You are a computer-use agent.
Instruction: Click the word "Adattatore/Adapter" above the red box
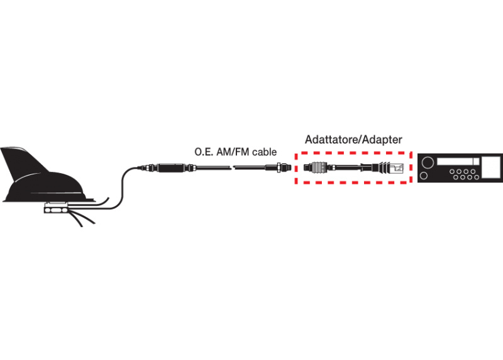(353, 140)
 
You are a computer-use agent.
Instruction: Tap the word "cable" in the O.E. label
(264, 152)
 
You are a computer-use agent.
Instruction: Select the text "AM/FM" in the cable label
(233, 152)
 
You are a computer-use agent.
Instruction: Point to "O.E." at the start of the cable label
(204, 152)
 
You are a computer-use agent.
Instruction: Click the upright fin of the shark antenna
(24, 164)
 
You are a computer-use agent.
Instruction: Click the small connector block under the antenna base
(56, 210)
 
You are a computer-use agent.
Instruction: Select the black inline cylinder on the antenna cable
(172, 167)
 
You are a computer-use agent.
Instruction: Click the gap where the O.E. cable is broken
(232, 167)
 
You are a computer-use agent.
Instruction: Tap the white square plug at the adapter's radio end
(397, 168)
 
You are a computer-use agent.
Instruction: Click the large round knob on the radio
(428, 162)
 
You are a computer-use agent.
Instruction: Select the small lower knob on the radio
(424, 176)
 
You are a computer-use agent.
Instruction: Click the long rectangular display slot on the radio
(458, 161)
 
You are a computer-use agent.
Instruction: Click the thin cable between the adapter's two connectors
(348, 167)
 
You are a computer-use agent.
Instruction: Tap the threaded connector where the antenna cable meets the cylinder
(148, 167)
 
